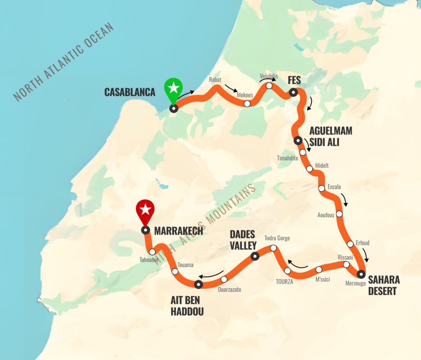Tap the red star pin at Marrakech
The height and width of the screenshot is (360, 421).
coord(145,210)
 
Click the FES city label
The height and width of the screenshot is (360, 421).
coord(294,80)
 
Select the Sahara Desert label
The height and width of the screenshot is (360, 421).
coord(384,286)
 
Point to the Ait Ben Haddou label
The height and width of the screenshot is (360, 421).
coord(187,305)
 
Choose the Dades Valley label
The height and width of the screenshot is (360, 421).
coord(243,240)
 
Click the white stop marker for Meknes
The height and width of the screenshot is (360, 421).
coord(247,104)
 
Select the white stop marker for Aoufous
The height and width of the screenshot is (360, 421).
coord(339,214)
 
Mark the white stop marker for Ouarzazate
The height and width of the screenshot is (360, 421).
coord(224,279)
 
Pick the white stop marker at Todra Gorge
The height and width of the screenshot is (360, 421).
coord(273,248)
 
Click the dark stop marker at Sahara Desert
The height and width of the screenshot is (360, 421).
coord(361,274)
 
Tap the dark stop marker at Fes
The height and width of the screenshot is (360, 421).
coord(293,93)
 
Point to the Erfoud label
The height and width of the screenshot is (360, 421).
coord(363,243)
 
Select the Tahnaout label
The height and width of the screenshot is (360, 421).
coord(148,259)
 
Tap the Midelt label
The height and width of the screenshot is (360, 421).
coord(322,165)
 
